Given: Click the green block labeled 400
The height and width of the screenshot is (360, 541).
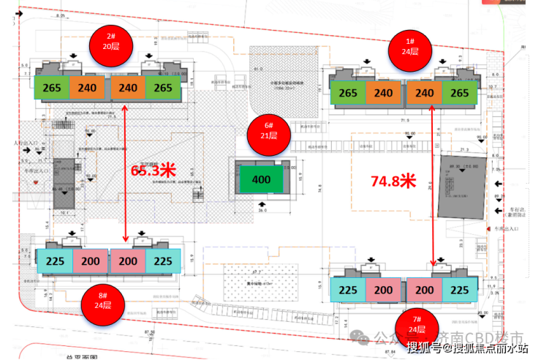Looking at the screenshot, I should [260, 179].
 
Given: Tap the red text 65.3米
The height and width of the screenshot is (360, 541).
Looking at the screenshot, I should [154, 170].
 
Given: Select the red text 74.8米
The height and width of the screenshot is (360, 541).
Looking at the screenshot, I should [393, 181].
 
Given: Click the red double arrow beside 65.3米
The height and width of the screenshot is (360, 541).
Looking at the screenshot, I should [126, 173].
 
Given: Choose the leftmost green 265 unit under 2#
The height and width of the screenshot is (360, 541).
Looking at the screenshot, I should [52, 88].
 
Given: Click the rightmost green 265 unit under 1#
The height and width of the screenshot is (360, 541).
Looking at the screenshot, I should [460, 93].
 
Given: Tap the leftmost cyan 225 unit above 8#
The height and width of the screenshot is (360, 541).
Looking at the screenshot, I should [53, 261].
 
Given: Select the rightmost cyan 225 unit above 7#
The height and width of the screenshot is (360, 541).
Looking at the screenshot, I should [459, 290].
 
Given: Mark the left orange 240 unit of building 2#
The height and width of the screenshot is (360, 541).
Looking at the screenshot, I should [89, 88].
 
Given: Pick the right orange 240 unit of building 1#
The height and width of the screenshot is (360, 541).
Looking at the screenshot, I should [423, 93].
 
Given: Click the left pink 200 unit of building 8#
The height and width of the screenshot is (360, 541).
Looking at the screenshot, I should [91, 261].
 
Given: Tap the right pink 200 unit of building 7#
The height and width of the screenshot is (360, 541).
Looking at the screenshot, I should [423, 290].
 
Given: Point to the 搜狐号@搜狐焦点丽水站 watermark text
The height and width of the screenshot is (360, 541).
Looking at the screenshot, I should [468, 348].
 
